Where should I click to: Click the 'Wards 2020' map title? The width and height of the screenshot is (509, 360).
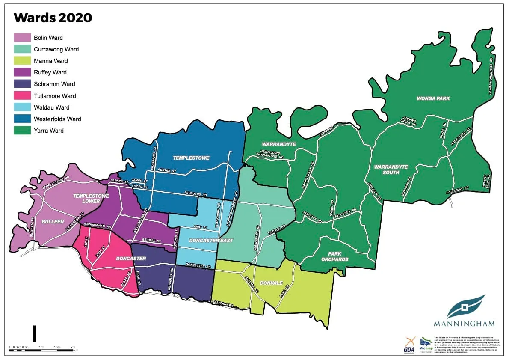point(53,18)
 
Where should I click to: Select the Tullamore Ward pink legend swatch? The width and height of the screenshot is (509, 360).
point(22,96)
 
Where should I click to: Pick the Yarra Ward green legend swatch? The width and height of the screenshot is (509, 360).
point(22,131)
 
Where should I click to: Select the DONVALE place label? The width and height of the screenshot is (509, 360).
point(271,283)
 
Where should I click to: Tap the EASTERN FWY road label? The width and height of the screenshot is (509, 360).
point(222,303)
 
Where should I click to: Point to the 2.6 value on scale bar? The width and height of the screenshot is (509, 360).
point(72,347)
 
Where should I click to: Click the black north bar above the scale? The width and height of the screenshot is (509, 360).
point(35,333)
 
